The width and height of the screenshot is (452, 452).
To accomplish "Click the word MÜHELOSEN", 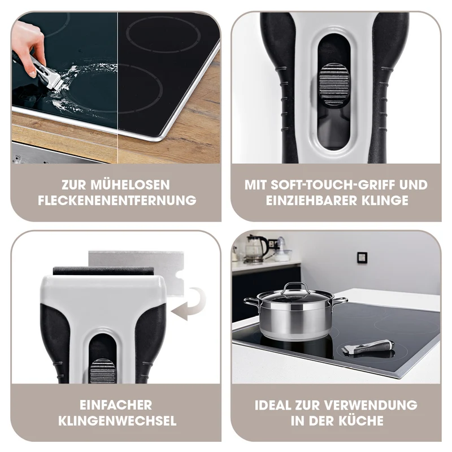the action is [x=130, y=185].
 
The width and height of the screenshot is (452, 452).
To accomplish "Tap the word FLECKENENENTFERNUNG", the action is [x=117, y=201].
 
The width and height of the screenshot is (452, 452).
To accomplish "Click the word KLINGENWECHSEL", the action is [x=117, y=420].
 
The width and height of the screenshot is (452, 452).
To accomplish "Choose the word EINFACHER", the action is [x=116, y=405].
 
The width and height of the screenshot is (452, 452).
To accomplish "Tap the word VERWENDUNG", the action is [x=371, y=405].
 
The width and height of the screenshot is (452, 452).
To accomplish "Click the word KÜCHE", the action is [x=360, y=420].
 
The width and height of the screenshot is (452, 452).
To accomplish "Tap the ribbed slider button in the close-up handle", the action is [x=334, y=86].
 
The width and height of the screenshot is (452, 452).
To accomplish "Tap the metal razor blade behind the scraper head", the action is [x=136, y=271].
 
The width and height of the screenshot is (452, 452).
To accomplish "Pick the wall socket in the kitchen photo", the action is [x=362, y=257].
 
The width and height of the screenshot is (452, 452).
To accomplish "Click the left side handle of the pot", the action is [x=251, y=302].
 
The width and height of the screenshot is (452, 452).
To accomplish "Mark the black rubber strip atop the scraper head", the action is [x=103, y=271].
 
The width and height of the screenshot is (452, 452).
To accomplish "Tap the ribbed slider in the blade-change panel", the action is [x=102, y=371].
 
